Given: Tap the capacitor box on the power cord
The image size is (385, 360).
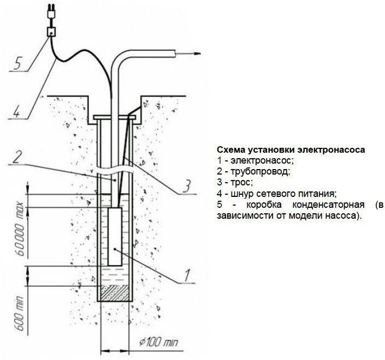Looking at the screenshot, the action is tap(52, 32).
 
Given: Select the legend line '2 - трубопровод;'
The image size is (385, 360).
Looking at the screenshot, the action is tap(253, 171).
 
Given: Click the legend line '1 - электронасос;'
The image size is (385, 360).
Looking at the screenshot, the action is tap(255, 160).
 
